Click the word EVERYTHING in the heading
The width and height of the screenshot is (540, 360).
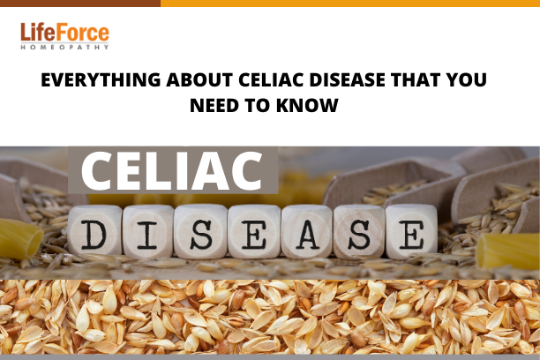[101, 80]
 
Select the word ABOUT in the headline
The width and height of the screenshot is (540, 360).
[199, 80]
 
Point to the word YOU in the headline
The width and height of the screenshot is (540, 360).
[466, 80]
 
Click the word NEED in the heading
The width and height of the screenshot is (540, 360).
[214, 105]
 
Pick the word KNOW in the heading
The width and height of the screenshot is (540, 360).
[307, 105]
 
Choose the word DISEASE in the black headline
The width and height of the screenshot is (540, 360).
[347, 80]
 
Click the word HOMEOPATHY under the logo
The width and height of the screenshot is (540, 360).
[64, 47]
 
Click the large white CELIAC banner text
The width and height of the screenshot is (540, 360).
[171, 171]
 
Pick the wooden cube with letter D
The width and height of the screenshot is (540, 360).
[94, 230]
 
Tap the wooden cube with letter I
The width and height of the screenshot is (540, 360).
[148, 231]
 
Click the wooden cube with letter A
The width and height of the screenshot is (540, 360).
[307, 231]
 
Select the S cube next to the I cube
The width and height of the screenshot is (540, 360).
[200, 231]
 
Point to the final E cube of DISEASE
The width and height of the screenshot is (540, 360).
[411, 231]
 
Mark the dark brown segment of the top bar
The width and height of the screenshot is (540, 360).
[80, 4]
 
